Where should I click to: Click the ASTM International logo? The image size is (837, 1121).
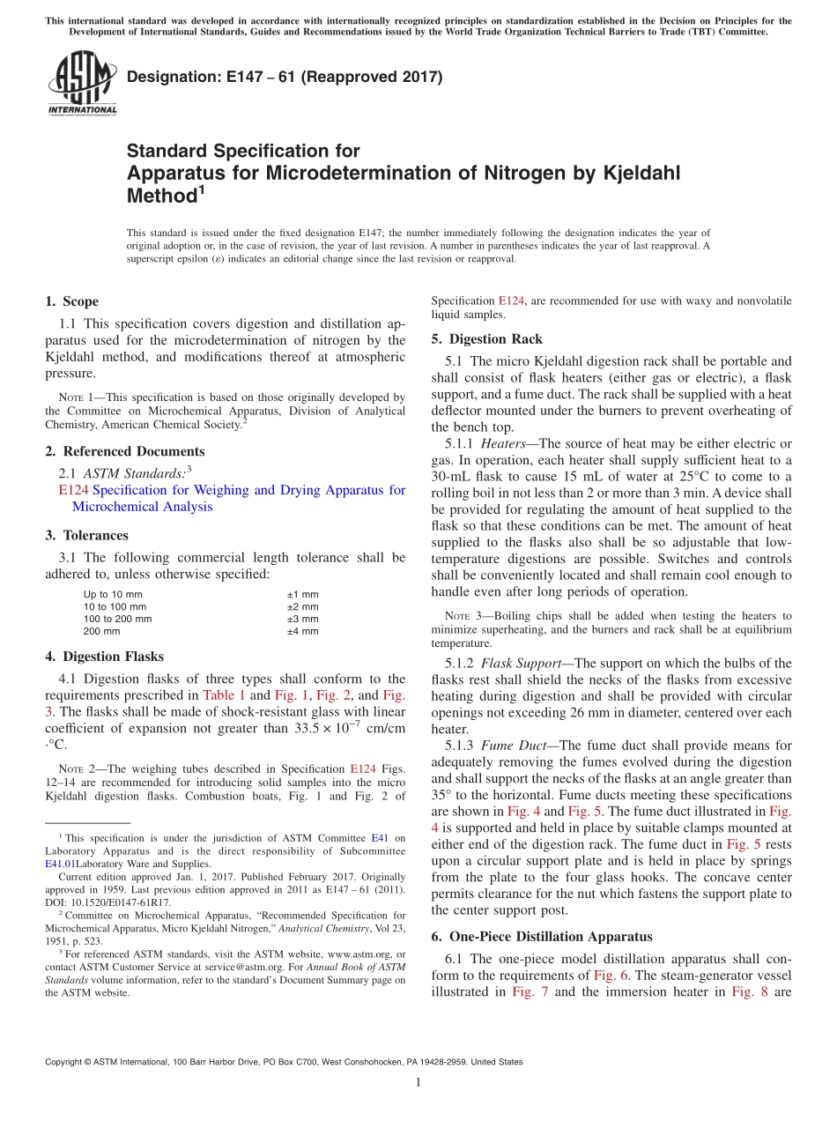point(81,83)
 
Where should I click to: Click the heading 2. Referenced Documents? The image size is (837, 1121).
point(124,451)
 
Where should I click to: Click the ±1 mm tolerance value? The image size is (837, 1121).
point(302,594)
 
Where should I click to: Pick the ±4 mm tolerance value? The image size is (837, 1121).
point(302,631)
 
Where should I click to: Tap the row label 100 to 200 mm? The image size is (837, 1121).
point(117,619)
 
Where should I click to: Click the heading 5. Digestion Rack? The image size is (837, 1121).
point(486,339)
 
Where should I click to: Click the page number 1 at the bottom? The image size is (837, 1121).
point(418,1083)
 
